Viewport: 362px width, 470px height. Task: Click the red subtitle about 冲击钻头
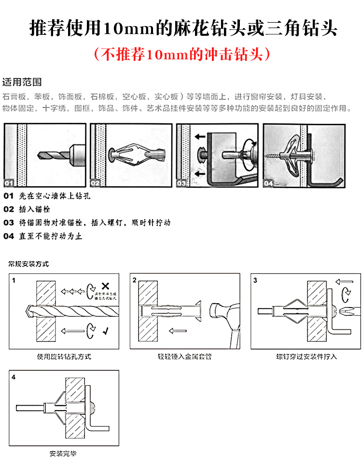coord(181,54)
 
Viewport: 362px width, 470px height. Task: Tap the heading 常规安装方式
coord(28,264)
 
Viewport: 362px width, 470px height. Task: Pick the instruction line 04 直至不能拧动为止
coord(43,236)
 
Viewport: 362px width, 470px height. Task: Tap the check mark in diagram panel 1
coord(106,332)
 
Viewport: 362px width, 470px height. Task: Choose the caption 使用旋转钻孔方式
coord(64,357)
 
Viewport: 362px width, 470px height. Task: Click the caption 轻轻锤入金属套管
coord(185,357)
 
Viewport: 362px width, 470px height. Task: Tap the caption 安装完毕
coord(63,454)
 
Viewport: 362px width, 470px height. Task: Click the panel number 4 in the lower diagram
coord(14,376)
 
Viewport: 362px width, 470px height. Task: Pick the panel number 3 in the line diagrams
coord(255,280)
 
